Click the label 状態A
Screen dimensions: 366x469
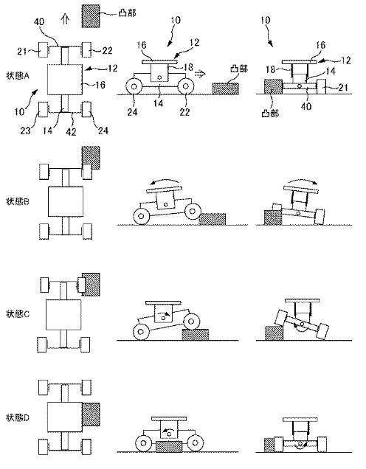pyautogui.click(x=18, y=76)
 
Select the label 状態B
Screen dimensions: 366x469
pyautogui.click(x=18, y=201)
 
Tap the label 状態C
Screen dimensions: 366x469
pyautogui.click(x=18, y=314)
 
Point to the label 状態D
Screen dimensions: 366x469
pyautogui.click(x=18, y=417)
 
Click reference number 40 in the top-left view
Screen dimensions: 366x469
pyautogui.click(x=39, y=21)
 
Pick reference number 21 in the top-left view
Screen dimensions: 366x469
pyautogui.click(x=22, y=52)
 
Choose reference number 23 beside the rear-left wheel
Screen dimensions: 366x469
pyautogui.click(x=25, y=131)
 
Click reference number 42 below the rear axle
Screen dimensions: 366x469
pyautogui.click(x=71, y=131)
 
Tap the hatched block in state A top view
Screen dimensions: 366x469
pyautogui.click(x=90, y=16)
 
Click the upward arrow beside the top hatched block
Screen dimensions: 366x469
pyautogui.click(x=65, y=19)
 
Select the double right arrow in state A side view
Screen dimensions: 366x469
pyautogui.click(x=200, y=74)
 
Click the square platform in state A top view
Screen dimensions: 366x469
pyautogui.click(x=65, y=80)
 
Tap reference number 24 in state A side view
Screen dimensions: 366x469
pyautogui.click(x=132, y=112)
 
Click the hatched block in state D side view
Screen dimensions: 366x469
pyautogui.click(x=168, y=446)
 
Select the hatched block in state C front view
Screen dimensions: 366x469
pyautogui.click(x=274, y=333)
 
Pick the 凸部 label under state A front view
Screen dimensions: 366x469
pyautogui.click(x=270, y=114)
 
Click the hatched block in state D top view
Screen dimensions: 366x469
pyautogui.click(x=91, y=414)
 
